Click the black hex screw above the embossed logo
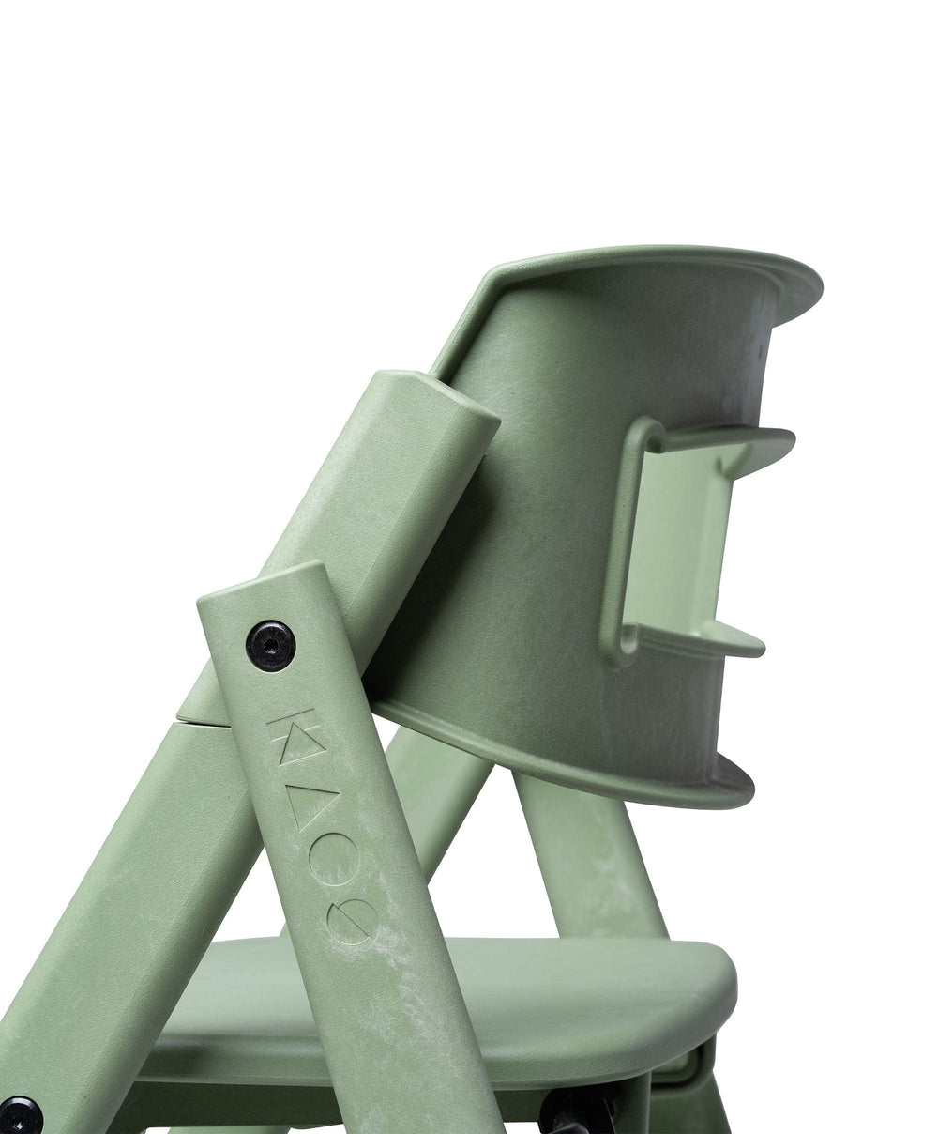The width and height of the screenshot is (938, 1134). coord(270,646)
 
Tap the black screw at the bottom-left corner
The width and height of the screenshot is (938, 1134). coord(18,1115)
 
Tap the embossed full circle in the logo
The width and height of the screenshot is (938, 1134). coord(334,866)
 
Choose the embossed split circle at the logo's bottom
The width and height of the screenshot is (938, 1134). coord(353,921)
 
